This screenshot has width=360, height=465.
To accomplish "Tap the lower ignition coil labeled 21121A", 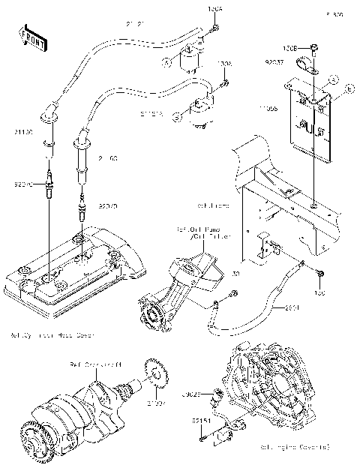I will point(200,109).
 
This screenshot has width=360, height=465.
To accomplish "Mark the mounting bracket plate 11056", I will point(307,124).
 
